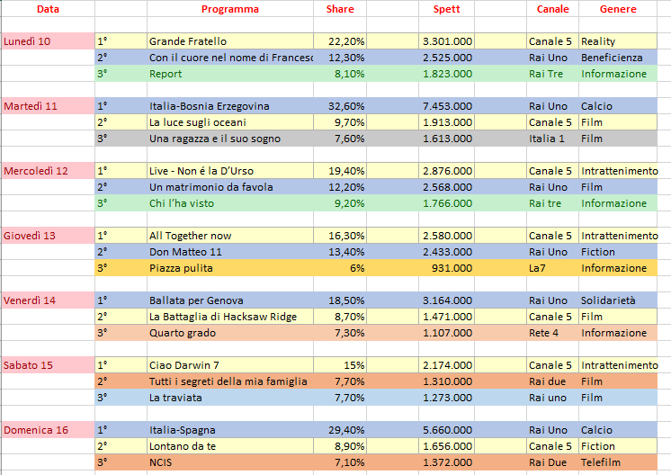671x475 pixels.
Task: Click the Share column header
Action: tap(339, 9)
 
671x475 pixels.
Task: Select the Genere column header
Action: tap(620, 9)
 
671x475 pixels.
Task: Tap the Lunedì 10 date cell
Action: tap(27, 41)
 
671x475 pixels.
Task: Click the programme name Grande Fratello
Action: tap(188, 41)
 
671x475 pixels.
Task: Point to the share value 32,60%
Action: tap(346, 106)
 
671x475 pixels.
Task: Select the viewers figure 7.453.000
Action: tap(447, 106)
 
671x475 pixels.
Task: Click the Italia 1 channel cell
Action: tap(547, 139)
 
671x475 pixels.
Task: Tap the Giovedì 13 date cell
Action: tap(30, 236)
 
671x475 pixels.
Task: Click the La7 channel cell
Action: tap(538, 268)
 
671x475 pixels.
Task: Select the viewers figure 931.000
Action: tap(452, 268)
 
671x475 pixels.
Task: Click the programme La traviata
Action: tap(176, 398)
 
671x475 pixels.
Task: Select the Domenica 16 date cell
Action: tap(36, 430)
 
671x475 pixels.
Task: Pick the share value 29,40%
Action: tap(346, 430)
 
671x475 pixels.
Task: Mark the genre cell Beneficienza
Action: tap(613, 58)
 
